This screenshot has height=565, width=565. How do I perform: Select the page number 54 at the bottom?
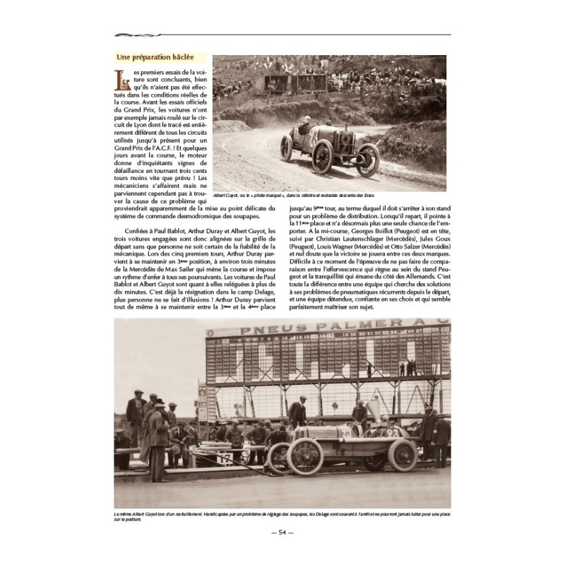click(282, 532)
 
